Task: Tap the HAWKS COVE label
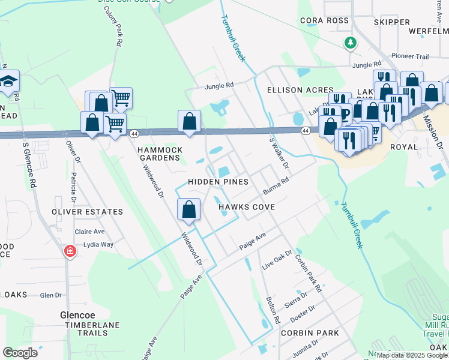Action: (x=246, y=207)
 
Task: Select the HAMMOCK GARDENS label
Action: (x=159, y=154)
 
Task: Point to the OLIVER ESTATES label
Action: (x=87, y=212)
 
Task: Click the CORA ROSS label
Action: (x=325, y=20)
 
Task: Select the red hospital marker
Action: (x=71, y=250)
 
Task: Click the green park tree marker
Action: (x=350, y=43)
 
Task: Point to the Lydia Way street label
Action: (x=98, y=244)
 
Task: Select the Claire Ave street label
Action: (x=89, y=231)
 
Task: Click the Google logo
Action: (x=20, y=353)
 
